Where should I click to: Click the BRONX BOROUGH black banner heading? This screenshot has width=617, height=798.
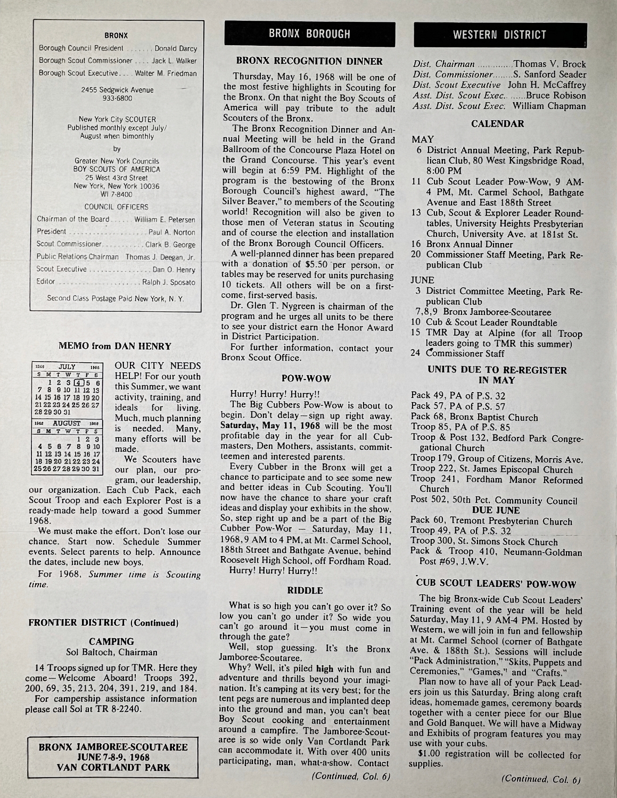(x=309, y=34)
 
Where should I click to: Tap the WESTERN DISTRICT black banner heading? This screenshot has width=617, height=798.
(x=499, y=35)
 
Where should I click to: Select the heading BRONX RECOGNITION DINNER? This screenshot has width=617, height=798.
(x=309, y=62)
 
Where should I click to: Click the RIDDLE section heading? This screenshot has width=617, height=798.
(x=305, y=590)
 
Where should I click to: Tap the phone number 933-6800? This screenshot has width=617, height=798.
(x=117, y=98)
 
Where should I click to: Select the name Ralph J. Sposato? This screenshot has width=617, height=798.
(x=169, y=282)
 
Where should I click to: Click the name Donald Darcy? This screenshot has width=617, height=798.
(x=176, y=49)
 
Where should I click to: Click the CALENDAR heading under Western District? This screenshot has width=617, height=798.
(x=497, y=124)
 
